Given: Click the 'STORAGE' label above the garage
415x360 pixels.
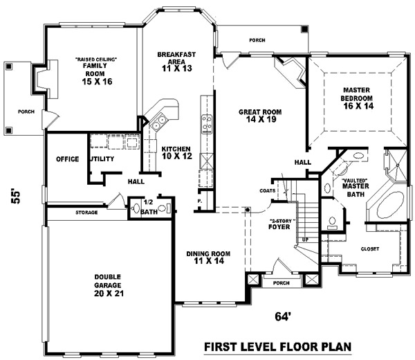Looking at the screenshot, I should point(86,213).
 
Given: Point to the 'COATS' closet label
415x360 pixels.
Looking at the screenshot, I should point(269,190).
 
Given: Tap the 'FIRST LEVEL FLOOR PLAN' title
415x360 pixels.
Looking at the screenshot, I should point(276,346).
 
